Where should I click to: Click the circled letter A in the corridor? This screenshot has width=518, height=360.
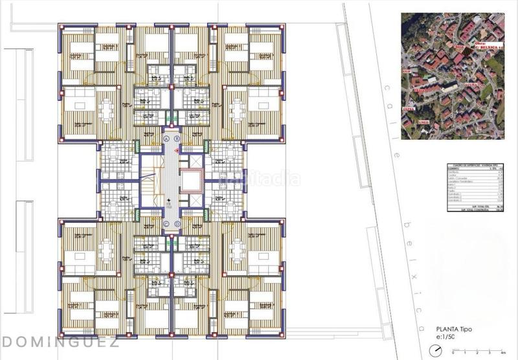click(166, 139)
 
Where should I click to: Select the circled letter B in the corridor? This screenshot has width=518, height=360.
click(177, 139)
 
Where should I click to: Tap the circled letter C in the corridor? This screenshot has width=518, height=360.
click(166, 225)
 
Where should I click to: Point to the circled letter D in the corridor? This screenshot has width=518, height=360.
click(177, 225)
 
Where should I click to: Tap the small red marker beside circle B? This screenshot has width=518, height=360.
click(177, 149)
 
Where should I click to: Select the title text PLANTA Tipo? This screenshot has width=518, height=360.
click(453, 329)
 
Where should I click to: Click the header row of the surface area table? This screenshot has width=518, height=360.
click(475, 166)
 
